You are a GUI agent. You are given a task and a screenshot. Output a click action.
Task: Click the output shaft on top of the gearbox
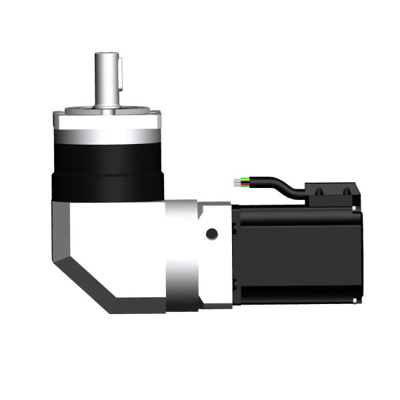pos(107,80)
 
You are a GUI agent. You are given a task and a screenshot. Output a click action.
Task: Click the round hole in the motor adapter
pos(212,234)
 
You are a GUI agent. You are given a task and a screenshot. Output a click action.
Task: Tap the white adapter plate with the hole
pos(215,257)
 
